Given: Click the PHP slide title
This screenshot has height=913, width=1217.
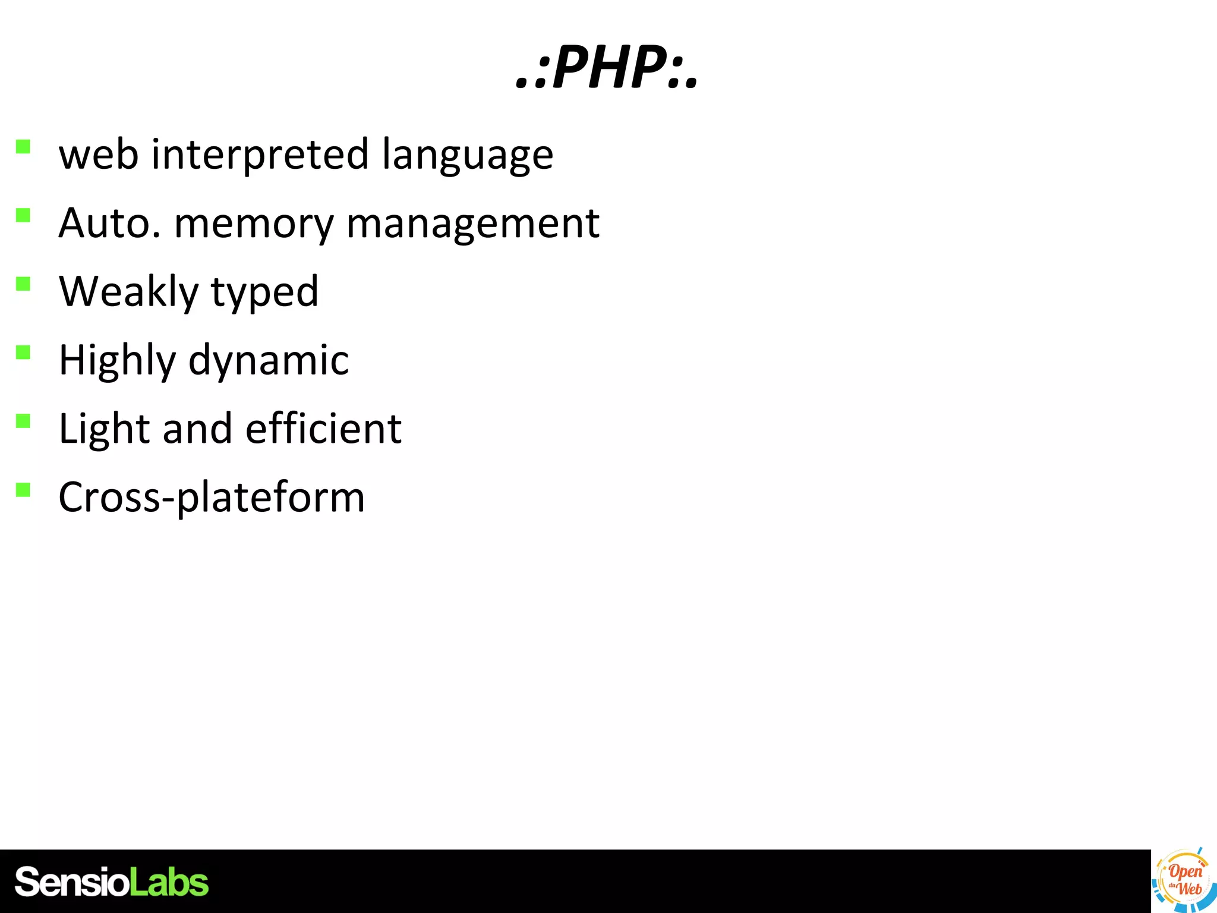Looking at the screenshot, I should point(607,68).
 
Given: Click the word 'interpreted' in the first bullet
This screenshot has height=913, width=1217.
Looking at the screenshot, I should point(261,155).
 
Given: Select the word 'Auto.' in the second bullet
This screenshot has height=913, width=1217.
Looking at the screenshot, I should point(109,223).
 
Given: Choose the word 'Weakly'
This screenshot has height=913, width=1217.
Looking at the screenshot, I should point(128,292).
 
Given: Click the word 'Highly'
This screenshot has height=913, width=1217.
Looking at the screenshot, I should point(117,361).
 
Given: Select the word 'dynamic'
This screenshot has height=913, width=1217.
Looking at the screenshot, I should point(269,361).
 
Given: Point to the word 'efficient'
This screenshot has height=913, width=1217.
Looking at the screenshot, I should point(323,429).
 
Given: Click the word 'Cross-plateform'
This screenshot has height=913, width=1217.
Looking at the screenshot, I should point(212,498).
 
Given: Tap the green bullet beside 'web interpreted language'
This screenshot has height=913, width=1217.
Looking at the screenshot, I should point(23,146).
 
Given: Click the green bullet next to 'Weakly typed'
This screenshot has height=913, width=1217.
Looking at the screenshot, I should point(23,284).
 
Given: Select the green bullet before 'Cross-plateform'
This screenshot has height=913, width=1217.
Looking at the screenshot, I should point(23,489).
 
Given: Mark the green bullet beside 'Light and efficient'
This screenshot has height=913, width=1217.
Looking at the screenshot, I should point(23,421).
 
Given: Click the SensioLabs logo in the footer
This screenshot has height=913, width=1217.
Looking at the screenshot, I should point(112,881).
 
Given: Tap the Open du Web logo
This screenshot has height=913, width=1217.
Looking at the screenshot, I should point(1183,881).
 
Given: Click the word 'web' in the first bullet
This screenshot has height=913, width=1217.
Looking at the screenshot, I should point(99,155).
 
